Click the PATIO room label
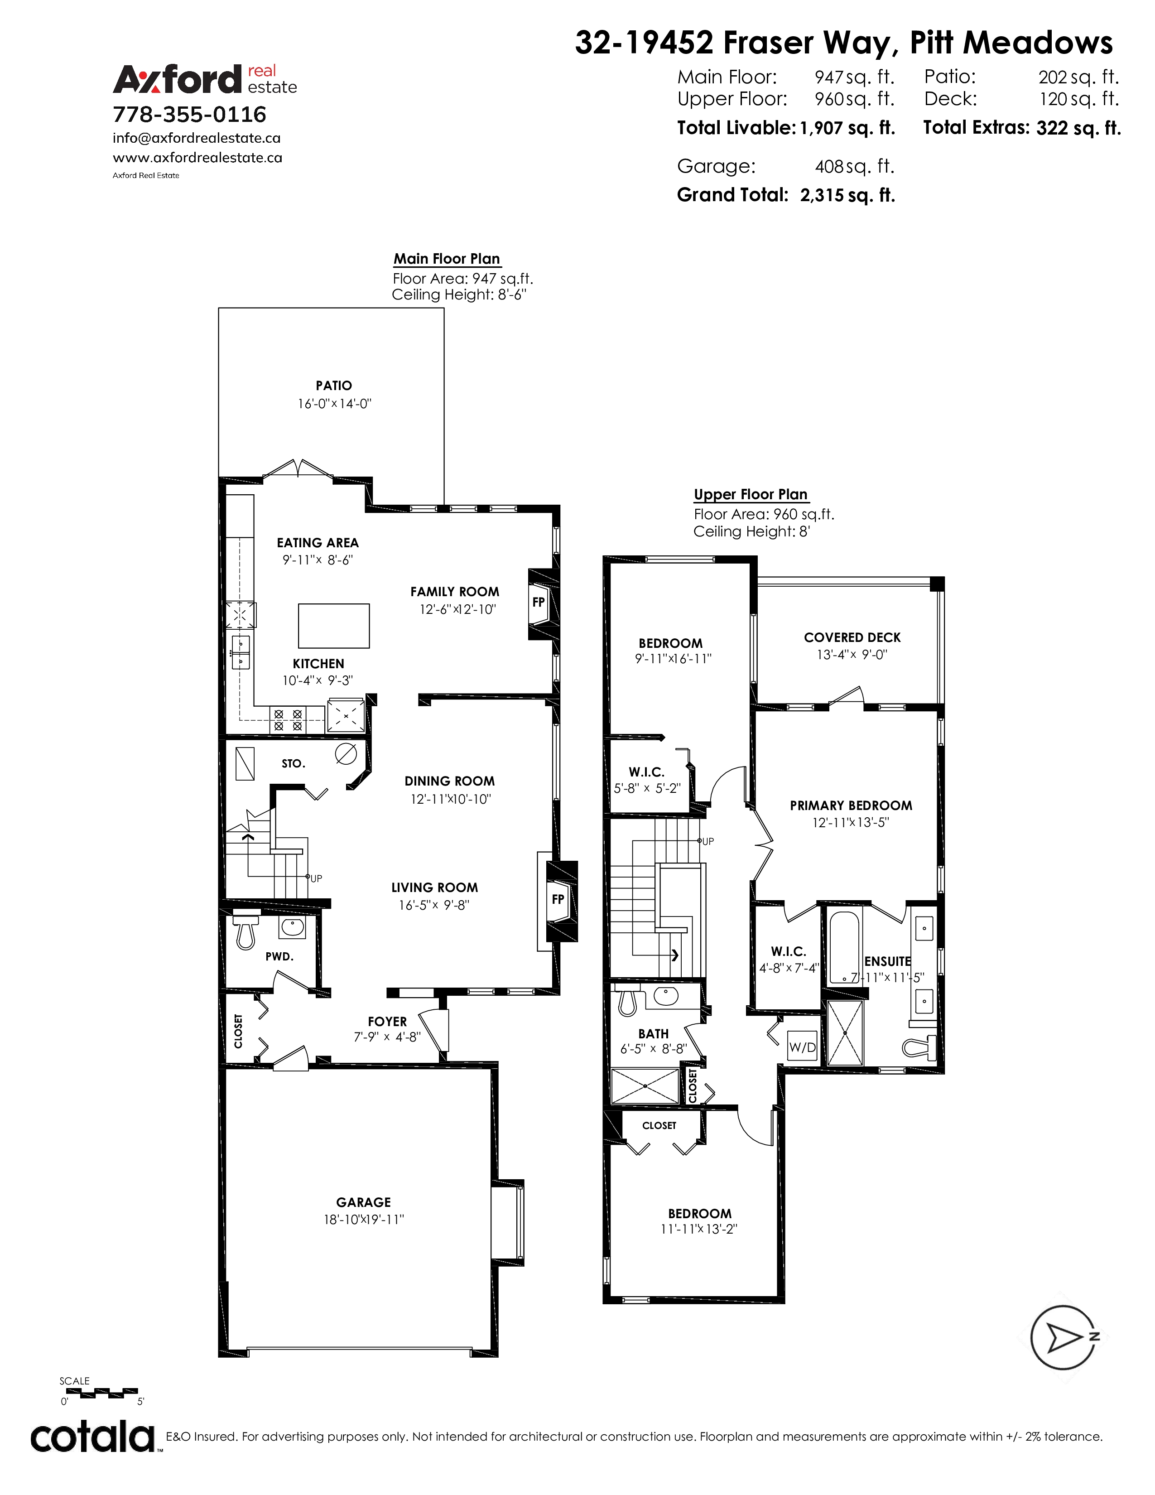(x=334, y=386)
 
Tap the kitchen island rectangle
(x=334, y=626)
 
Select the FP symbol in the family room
(x=539, y=603)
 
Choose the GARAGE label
(x=363, y=1202)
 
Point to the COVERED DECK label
(x=852, y=637)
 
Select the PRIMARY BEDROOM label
(x=851, y=805)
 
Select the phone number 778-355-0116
(x=189, y=114)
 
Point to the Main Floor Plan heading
(x=447, y=259)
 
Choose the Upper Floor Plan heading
(x=751, y=494)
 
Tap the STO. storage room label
(x=294, y=763)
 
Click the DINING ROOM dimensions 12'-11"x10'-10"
(x=451, y=799)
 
